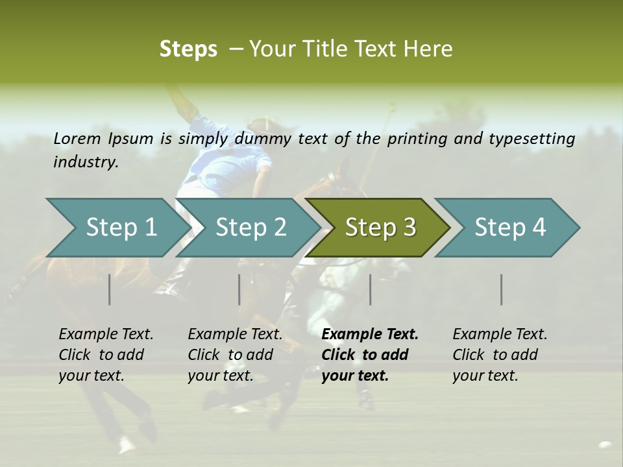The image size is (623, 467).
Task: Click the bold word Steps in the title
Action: pos(188,49)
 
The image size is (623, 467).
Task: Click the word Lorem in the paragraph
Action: pos(77,138)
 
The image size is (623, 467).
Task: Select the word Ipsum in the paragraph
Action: pos(131,138)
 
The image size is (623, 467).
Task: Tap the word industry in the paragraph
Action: pos(85,162)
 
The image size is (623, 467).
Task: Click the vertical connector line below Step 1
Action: pos(110,289)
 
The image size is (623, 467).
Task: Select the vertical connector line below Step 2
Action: pos(239,289)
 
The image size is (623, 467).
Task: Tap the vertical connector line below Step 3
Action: pos(370,289)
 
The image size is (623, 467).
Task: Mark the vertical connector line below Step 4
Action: pos(502,289)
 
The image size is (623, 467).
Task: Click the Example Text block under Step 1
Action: pos(106,355)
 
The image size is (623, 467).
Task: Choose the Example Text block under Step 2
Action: pos(235,355)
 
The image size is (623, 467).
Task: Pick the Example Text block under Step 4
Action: pos(500,355)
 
